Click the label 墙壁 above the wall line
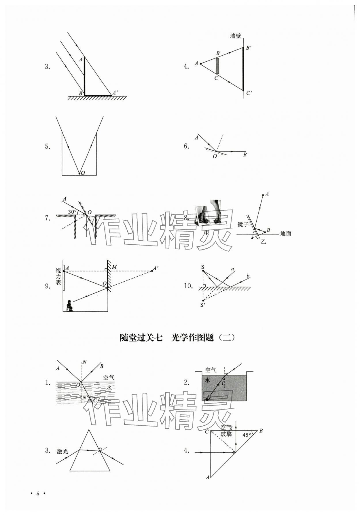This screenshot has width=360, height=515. pyautogui.click(x=236, y=36)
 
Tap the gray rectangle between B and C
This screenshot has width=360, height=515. pyautogui.click(x=217, y=66)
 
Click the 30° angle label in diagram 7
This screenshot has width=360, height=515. pyautogui.click(x=72, y=212)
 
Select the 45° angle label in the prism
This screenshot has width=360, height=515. pyautogui.click(x=247, y=435)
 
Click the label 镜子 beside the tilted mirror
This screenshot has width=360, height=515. pyautogui.click(x=243, y=224)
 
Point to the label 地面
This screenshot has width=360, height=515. pyautogui.click(x=285, y=233)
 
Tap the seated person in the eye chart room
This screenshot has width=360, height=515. pyautogui.click(x=69, y=305)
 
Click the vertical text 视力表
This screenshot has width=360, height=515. pyautogui.click(x=58, y=276)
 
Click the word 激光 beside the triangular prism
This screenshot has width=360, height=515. pyautogui.click(x=62, y=451)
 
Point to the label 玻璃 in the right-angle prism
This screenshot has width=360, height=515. pyautogui.click(x=226, y=434)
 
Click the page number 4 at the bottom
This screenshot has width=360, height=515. pyautogui.click(x=37, y=494)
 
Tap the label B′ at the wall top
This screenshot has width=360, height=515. pyautogui.click(x=249, y=48)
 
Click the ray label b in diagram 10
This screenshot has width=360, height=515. pyautogui.click(x=248, y=276)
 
